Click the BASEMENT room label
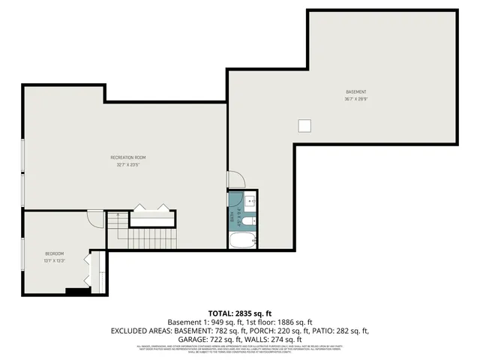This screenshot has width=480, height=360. (356, 91)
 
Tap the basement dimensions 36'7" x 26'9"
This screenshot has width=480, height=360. (356, 98)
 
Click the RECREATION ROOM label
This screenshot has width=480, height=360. (128, 157)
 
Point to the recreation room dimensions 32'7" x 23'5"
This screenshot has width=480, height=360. (128, 164)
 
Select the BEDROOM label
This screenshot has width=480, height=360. (54, 253)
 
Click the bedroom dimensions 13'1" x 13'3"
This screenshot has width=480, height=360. (54, 260)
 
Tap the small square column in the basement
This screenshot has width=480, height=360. (304, 125)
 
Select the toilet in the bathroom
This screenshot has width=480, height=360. (250, 220)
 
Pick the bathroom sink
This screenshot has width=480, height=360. (250, 201)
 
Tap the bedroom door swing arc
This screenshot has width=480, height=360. (95, 218)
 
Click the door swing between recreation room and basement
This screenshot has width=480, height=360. (235, 179)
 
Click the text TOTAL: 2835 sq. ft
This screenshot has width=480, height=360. (239, 313)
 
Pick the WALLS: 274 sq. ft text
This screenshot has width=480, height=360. (273, 339)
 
